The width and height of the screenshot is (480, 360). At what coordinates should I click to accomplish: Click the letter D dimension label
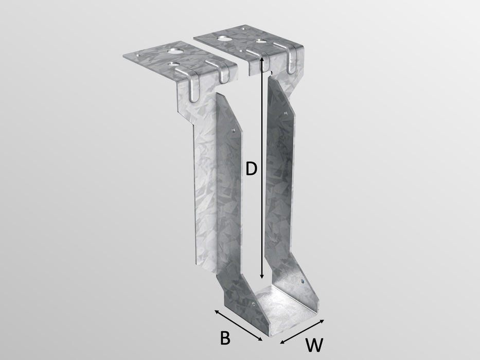tap(251, 169)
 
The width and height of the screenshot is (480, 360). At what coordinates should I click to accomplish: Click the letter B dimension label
tap(224, 338)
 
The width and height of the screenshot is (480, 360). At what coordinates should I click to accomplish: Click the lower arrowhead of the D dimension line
tap(263, 277)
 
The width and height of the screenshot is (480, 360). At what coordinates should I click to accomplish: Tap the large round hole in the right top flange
tap(224, 39)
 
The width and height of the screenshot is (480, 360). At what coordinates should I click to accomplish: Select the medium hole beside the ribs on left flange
tap(177, 65)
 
